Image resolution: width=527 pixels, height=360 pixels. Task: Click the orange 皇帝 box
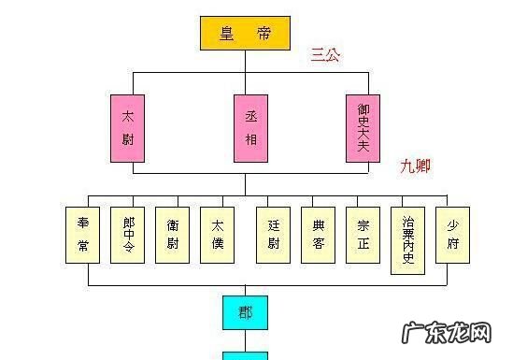coord(245,34)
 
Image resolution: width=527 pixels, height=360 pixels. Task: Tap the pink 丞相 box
coord(249,128)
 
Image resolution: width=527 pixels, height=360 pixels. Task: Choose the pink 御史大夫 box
coord(363,128)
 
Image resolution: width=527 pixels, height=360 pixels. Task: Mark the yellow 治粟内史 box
coord(408,239)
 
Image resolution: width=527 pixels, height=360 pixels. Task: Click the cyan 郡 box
coord(245,311)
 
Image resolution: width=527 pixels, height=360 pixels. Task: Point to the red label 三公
coord(326,55)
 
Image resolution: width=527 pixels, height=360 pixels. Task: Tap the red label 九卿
coord(416,166)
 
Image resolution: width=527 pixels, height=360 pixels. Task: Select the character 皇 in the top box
coord(227,34)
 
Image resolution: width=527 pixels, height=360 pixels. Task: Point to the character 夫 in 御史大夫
coord(363,151)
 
